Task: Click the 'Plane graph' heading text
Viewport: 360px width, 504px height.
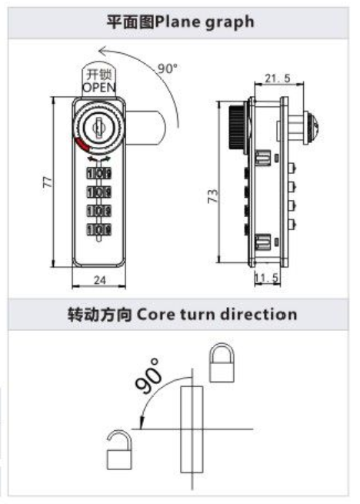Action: (x=205, y=22)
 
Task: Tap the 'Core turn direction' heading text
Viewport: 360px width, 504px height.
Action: (x=217, y=314)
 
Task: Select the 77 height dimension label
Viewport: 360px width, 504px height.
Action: (x=47, y=182)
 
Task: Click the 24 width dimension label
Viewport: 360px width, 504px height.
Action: (x=100, y=280)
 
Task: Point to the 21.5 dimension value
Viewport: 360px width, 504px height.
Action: (x=278, y=78)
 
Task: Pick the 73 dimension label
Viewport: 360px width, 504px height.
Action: (x=212, y=196)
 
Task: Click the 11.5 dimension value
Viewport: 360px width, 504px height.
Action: (x=266, y=278)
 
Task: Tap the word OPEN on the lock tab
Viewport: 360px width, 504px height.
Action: (x=99, y=87)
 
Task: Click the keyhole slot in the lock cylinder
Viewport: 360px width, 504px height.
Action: (x=98, y=128)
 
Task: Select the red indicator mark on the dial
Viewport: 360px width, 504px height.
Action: (x=82, y=145)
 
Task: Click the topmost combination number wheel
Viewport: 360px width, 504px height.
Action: (x=99, y=174)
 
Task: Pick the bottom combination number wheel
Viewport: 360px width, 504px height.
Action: (x=99, y=229)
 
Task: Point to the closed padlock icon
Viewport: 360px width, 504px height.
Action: (x=222, y=362)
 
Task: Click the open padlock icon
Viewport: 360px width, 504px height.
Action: (x=119, y=449)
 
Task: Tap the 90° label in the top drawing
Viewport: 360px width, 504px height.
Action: (x=168, y=68)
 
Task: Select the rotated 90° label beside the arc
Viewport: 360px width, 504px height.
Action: (x=148, y=375)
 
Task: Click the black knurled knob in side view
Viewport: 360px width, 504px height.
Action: (x=237, y=127)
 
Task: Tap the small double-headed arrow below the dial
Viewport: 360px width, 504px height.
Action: (x=98, y=159)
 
